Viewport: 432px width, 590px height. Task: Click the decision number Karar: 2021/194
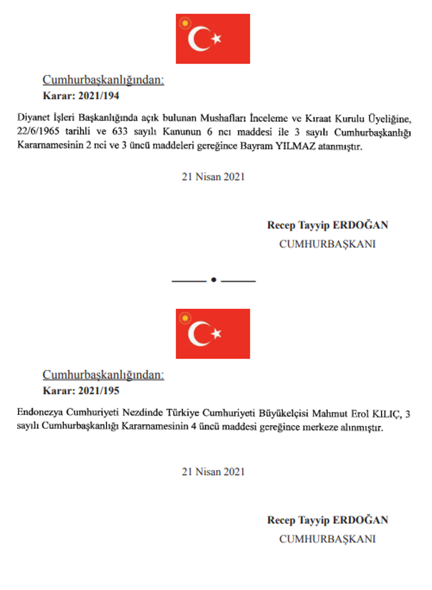pyautogui.click(x=81, y=96)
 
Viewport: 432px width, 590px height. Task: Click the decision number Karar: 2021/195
pyautogui.click(x=81, y=391)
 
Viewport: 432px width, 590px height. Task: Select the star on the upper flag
pyautogui.click(x=217, y=39)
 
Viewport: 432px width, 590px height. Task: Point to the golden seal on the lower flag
pyautogui.click(x=184, y=318)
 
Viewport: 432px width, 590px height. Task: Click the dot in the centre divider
pyautogui.click(x=213, y=280)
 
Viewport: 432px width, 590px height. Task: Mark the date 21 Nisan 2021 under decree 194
pyautogui.click(x=213, y=177)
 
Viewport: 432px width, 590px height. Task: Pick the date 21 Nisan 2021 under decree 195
pyautogui.click(x=213, y=471)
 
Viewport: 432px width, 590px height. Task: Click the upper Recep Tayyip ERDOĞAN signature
pyautogui.click(x=327, y=225)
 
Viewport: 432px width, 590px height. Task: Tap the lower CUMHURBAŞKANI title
pyautogui.click(x=327, y=539)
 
